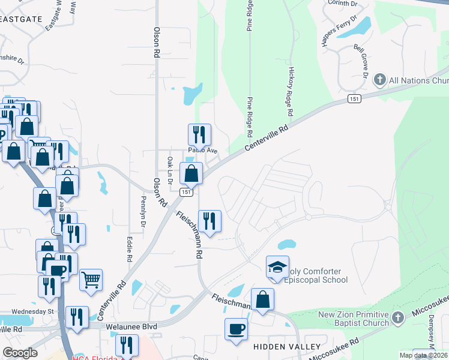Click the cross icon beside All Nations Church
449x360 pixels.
(379, 79)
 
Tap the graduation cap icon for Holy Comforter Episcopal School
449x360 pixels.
(277, 268)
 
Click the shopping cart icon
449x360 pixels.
(91, 279)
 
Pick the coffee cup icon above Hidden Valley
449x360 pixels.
(236, 329)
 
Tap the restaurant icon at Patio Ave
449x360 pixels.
(199, 134)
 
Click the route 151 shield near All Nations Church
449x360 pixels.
(355, 98)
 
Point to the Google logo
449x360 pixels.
(20, 353)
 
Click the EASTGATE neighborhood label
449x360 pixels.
(22, 19)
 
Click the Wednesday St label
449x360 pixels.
(32, 311)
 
